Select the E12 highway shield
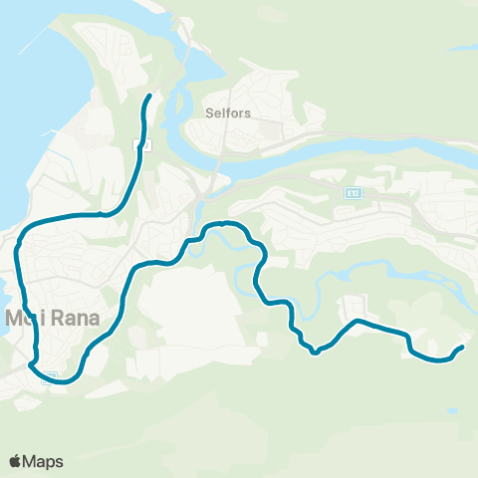tap(354, 192)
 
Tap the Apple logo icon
tap(16, 461)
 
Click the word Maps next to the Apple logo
tap(44, 461)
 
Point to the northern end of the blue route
tap(149, 96)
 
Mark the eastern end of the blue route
tap(463, 347)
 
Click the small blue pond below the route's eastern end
tap(454, 411)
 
